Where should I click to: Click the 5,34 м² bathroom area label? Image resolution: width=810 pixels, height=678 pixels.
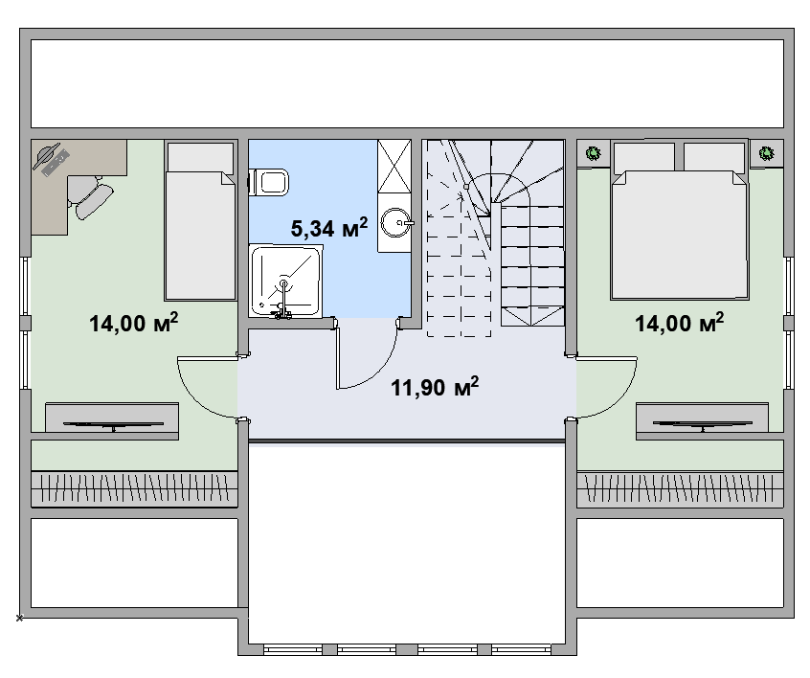(x=329, y=227)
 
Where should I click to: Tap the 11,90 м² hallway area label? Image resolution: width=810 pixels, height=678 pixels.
(x=435, y=387)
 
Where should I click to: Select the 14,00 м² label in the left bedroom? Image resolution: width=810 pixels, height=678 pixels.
(x=134, y=323)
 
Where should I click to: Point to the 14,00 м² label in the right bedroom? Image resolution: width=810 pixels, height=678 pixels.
(x=679, y=323)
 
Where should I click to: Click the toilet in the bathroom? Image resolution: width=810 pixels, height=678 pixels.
(x=269, y=182)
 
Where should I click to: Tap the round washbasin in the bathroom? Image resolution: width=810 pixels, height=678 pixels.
(x=395, y=223)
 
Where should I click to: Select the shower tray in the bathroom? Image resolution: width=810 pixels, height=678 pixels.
(x=285, y=282)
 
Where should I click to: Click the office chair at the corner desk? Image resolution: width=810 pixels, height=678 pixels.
(x=90, y=195)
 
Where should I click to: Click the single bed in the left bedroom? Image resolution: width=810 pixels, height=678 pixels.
(x=200, y=220)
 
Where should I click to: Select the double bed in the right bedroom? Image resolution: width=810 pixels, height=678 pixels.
(x=679, y=220)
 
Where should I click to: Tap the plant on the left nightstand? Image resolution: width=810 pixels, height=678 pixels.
(x=594, y=153)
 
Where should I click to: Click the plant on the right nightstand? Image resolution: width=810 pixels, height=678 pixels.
(x=767, y=153)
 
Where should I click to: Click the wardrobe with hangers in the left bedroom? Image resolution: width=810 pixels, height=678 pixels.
(x=134, y=488)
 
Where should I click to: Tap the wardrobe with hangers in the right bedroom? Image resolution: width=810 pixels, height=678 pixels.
(x=680, y=488)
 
